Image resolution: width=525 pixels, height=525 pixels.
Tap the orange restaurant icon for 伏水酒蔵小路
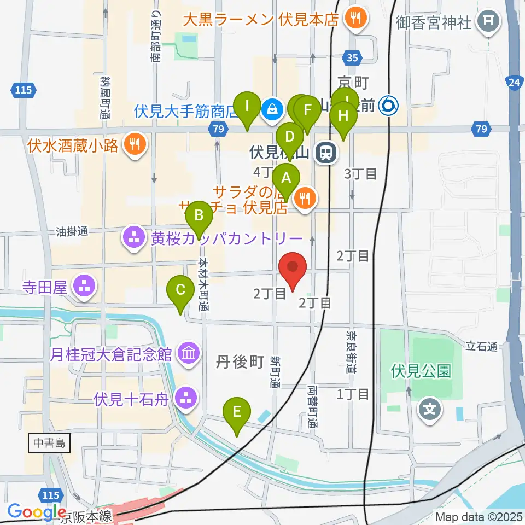(132, 144)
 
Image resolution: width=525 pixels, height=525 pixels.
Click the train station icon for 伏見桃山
(326, 153)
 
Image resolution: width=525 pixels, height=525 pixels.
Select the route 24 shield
(514, 82)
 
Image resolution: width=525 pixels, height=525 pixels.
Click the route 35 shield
(353, 56)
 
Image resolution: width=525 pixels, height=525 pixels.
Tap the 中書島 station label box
(49, 443)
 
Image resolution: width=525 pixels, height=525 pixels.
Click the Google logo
(37, 511)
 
